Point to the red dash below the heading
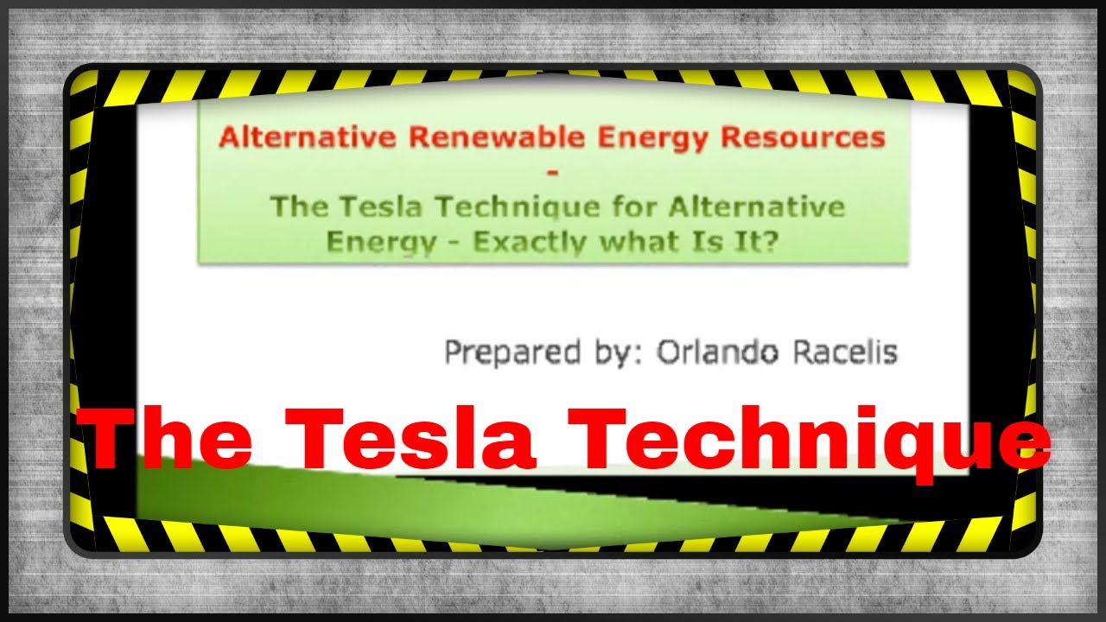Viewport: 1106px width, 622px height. tap(553, 173)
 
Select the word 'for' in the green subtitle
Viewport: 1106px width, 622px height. tap(643, 207)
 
